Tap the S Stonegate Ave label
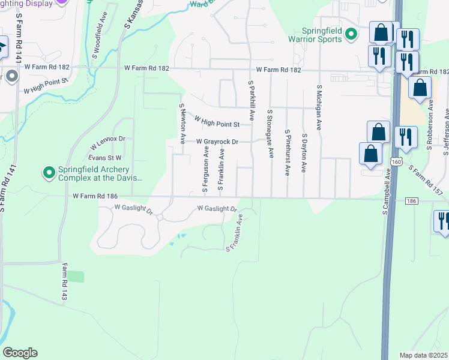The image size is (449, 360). pos(270,133)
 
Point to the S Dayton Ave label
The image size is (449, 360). pos(304,153)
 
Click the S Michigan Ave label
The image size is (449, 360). pos(319,108)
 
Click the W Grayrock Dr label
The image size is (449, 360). pos(217,142)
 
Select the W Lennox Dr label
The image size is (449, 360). pos(107,143)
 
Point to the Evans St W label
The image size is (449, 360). pos(101,157)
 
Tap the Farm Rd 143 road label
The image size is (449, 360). pos(63,284)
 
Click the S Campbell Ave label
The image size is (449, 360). pos(385,193)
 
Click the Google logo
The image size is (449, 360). pos(20,353)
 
